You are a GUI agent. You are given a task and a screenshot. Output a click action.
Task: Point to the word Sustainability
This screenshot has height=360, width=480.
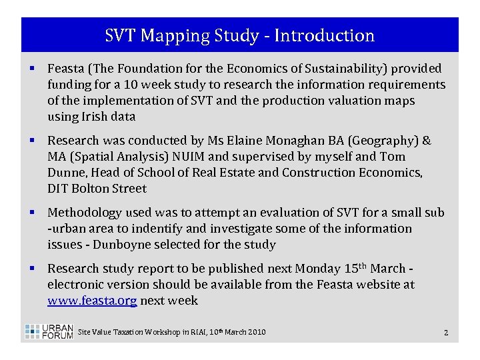pyautogui.click(x=341, y=69)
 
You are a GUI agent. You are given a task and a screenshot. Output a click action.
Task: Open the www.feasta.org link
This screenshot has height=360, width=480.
pyautogui.click(x=92, y=301)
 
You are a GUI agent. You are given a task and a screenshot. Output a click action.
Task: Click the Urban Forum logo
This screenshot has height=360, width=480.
pyautogui.click(x=49, y=332)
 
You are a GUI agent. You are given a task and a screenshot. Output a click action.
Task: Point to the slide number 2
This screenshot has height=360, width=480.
pyautogui.click(x=445, y=332)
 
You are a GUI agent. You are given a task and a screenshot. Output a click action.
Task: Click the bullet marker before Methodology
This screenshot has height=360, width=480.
pyautogui.click(x=32, y=213)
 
